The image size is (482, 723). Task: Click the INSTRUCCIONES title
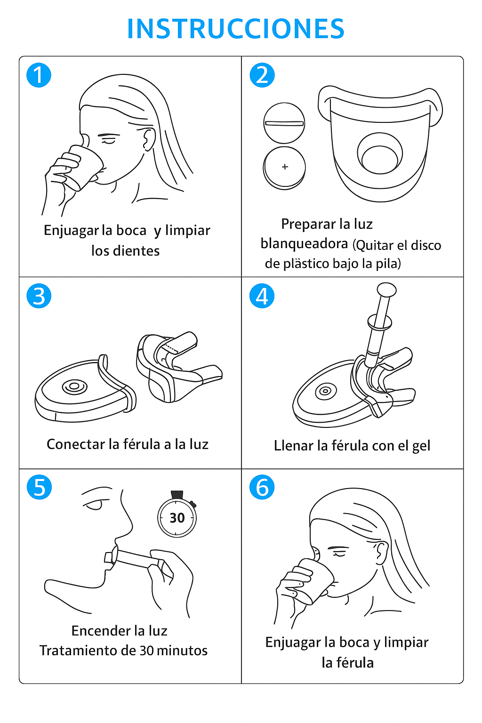236,29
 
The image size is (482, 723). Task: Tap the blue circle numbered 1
39,75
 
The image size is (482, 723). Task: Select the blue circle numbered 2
262,75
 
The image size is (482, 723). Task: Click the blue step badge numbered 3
39,296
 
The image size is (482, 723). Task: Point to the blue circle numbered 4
262,296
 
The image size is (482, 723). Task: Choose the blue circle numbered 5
39,487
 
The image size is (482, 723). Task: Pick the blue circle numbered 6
262,487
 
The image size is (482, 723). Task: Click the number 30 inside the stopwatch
177,518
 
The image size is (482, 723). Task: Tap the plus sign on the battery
285,167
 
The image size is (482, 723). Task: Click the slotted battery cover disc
284,123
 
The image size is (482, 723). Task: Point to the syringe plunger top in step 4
387,289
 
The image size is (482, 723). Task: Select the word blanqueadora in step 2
304,244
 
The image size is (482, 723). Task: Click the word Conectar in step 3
76,444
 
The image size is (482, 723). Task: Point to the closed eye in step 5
94,504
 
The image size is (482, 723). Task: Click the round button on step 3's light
74,386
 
